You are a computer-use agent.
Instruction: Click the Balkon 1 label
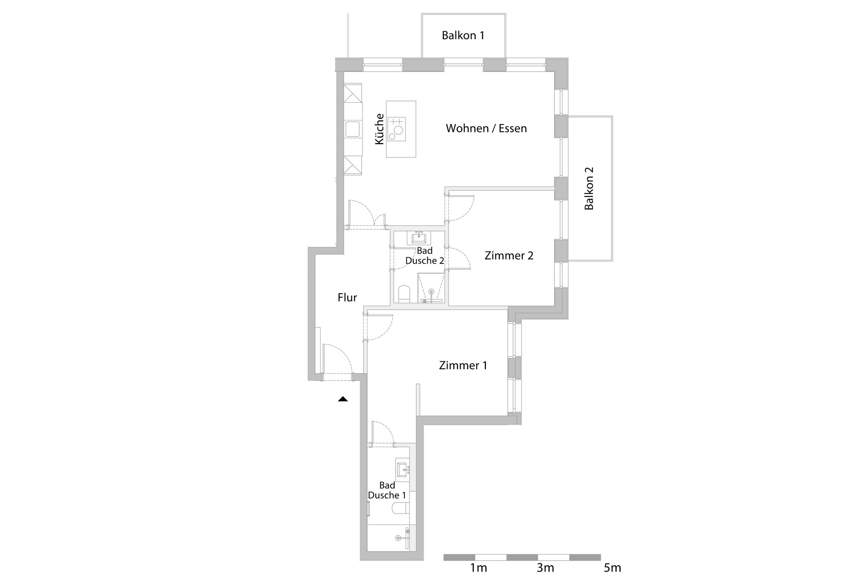(x=463, y=35)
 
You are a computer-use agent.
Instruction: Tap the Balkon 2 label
(x=589, y=188)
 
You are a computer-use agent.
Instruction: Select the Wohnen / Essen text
(x=486, y=128)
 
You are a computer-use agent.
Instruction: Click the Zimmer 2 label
(x=509, y=256)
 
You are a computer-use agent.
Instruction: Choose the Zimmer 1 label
(x=463, y=365)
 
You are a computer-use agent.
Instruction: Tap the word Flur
(x=347, y=298)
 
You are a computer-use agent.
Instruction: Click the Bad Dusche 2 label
(x=425, y=256)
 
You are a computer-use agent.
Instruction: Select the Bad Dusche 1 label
(x=387, y=490)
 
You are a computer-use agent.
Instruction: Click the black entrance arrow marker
(x=343, y=399)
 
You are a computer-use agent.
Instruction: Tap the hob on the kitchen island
(x=396, y=129)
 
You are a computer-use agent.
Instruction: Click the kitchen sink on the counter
(x=352, y=129)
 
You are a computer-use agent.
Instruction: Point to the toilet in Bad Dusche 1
(x=400, y=508)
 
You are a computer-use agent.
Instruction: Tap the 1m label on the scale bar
(x=478, y=568)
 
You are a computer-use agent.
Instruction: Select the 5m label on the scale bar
(x=612, y=568)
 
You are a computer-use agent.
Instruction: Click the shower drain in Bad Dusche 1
(x=398, y=538)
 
